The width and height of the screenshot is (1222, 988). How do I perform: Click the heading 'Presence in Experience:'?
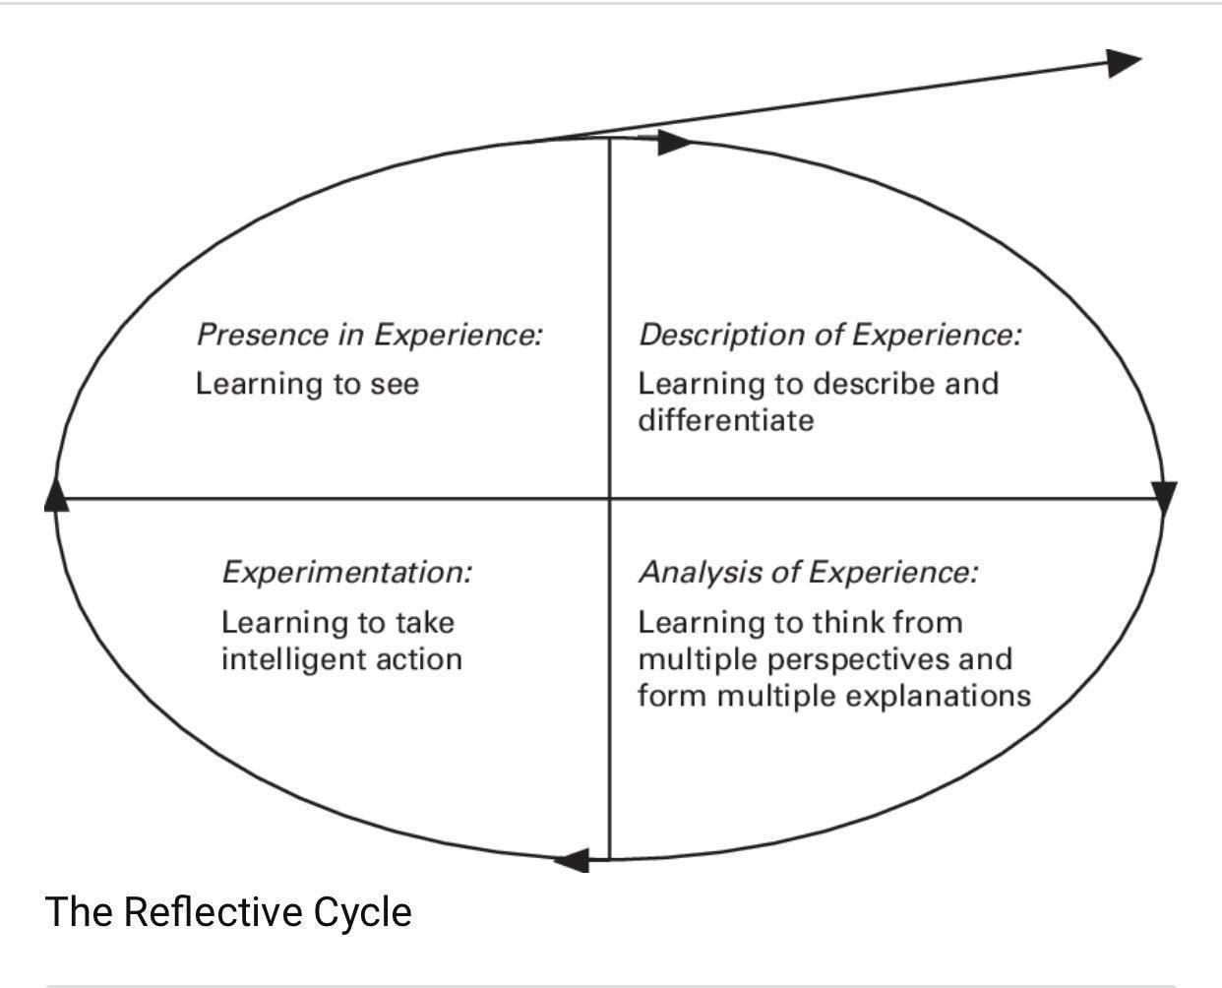click(369, 335)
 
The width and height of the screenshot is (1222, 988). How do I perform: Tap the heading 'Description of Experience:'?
click(830, 335)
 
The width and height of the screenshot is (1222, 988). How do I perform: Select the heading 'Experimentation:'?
click(346, 572)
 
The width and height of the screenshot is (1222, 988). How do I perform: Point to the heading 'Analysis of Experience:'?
click(808, 572)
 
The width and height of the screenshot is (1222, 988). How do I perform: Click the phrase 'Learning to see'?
click(307, 383)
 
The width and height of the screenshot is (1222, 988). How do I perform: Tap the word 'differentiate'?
click(726, 421)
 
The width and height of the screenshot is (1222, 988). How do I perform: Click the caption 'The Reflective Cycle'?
click(228, 911)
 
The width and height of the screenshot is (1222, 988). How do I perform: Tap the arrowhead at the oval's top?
click(674, 142)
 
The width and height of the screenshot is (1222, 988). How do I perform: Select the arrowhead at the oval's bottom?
click(573, 861)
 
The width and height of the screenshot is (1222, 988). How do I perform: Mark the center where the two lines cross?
click(610, 499)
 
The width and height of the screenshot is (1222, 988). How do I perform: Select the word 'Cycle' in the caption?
click(363, 911)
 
